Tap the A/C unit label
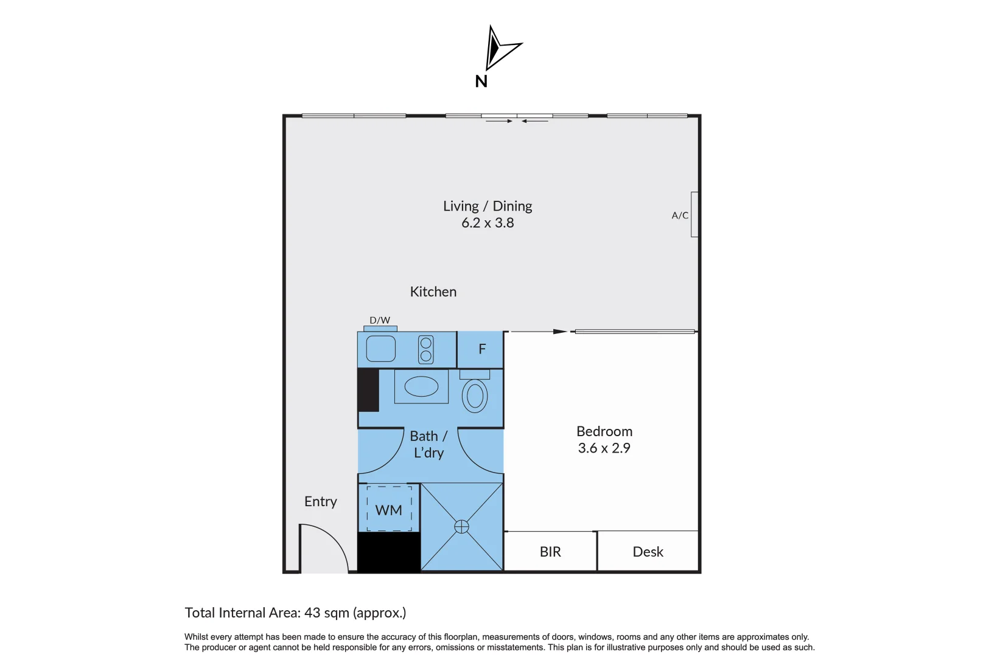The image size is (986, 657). click(x=680, y=215)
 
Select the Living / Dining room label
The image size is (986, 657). click(x=488, y=206)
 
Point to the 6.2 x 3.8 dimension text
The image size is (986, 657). click(x=488, y=223)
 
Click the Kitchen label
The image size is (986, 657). click(x=433, y=292)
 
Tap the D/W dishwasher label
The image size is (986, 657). click(x=380, y=321)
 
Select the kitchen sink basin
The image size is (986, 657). click(x=380, y=349)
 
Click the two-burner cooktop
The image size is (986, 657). click(x=426, y=350)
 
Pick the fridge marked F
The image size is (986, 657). click(x=481, y=349)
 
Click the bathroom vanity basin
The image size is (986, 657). click(x=421, y=386)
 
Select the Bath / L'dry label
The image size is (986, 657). click(x=428, y=445)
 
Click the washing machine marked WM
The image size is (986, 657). click(x=389, y=510)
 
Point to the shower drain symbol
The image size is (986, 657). click(x=462, y=527)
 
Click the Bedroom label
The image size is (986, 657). click(x=604, y=431)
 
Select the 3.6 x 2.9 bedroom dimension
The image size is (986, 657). click(x=604, y=448)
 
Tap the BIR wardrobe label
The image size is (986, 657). click(x=550, y=552)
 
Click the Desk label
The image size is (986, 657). click(x=648, y=552)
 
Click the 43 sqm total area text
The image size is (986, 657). click(x=295, y=613)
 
